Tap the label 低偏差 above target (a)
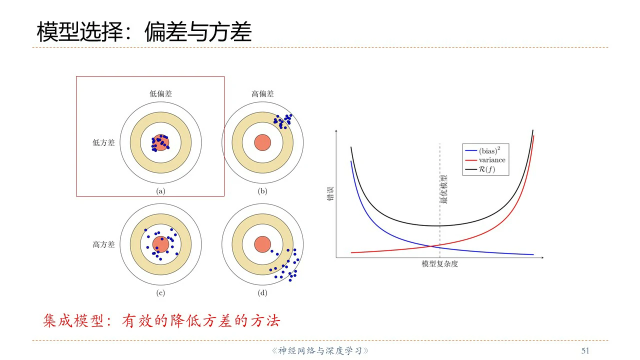point(161,93)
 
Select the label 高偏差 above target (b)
point(262,93)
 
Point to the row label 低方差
point(103,143)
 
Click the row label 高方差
point(103,244)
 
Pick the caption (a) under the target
point(161,191)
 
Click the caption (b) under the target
point(262,191)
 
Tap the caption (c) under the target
point(161,293)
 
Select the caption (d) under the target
point(262,293)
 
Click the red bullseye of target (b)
point(262,142)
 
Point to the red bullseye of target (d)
point(262,244)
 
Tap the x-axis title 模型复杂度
point(439,264)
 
